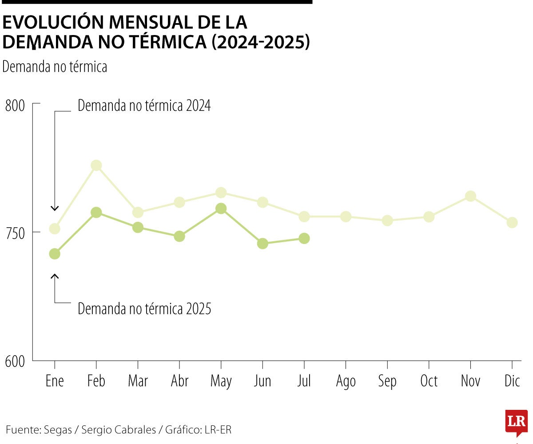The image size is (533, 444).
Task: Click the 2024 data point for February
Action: point(96,165)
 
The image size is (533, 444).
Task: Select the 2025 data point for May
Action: point(221,208)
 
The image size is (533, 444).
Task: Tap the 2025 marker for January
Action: point(55,254)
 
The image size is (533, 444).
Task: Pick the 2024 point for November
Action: point(470,196)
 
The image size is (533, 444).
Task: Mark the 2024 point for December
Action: point(512,222)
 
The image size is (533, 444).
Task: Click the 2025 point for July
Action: point(304,238)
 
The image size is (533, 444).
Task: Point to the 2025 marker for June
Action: point(263,244)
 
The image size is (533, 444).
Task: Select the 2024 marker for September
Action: point(387,220)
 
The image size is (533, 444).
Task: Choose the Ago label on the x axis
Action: point(346,381)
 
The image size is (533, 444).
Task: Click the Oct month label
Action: point(429,381)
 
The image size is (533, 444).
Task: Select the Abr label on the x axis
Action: point(179,381)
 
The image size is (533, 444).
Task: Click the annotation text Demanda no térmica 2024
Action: point(144,106)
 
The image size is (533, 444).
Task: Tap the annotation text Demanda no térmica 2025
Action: point(144,309)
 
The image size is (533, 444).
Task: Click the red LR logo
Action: point(516,421)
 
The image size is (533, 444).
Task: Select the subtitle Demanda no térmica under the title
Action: point(55,67)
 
